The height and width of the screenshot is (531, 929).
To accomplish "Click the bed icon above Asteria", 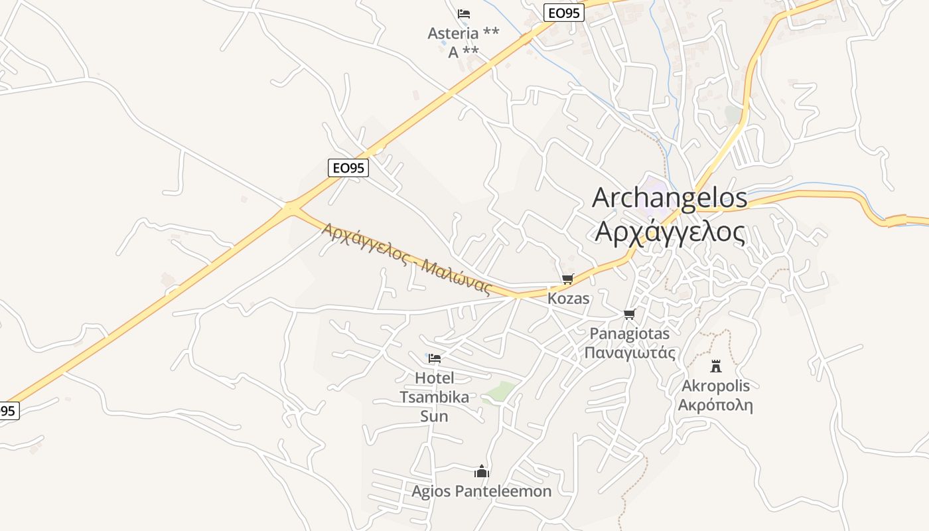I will click(x=464, y=13).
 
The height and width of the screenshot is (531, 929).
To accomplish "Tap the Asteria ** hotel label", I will click(x=463, y=33).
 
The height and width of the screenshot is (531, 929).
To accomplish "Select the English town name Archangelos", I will click(x=669, y=198).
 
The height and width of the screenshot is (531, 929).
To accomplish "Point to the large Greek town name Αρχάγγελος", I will click(x=669, y=232).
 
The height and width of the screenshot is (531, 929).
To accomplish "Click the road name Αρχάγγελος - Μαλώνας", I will click(x=406, y=258).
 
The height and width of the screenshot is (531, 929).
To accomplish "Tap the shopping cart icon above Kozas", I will click(x=567, y=279).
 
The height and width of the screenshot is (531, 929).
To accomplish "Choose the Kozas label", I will click(x=568, y=299).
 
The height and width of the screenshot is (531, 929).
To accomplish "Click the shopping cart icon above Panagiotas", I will click(x=629, y=314).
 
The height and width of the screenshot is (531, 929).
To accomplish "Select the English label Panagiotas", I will click(x=630, y=333).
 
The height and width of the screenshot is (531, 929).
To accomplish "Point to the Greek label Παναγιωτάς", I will click(x=630, y=352).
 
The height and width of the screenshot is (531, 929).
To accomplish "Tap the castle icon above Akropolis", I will click(x=715, y=366).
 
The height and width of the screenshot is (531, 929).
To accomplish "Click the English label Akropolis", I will click(x=715, y=386).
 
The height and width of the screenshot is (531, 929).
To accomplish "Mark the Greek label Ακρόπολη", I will click(x=715, y=405).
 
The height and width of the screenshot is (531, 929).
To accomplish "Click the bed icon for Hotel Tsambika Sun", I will click(x=435, y=358).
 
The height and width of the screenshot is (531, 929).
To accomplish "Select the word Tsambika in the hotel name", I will click(x=434, y=398).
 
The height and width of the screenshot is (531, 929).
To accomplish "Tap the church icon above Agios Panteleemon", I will click(x=482, y=472).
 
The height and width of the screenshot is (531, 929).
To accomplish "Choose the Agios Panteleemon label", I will click(x=482, y=491).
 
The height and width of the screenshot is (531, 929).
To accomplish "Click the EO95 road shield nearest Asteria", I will click(x=563, y=13).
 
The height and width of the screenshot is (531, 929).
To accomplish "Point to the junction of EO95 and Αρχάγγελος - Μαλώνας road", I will click(x=293, y=208).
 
